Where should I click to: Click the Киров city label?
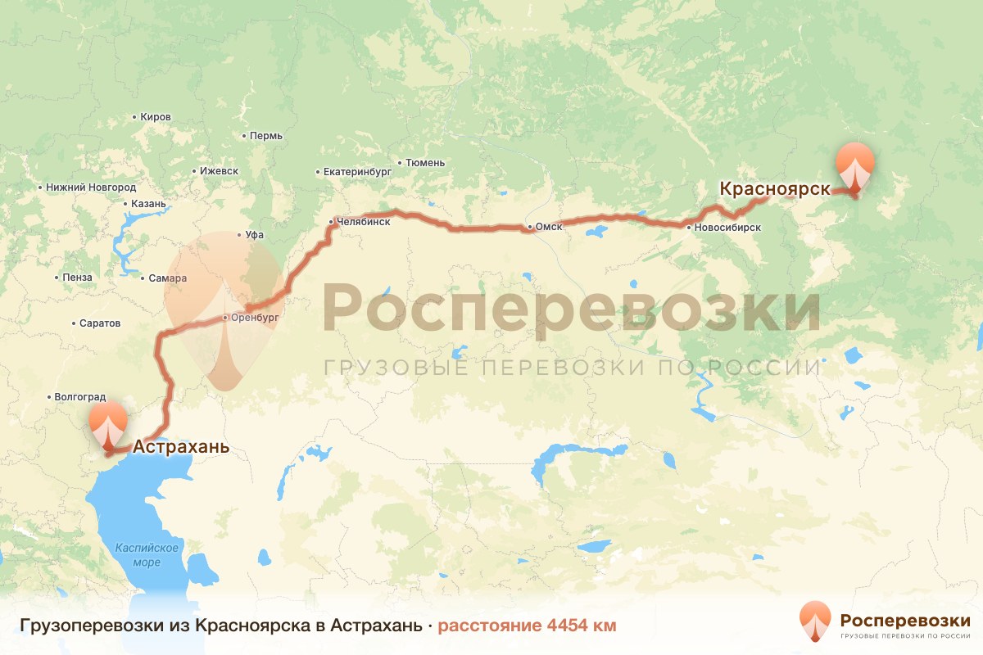point(156,117)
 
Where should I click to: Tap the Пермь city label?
point(266,136)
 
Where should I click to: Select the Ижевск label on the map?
point(219,171)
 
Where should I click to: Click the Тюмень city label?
point(425,163)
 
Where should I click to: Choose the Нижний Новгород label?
point(90,187)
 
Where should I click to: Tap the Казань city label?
point(148,204)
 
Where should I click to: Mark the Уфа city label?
point(255,235)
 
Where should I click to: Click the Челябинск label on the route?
point(364,221)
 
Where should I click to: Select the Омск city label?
point(549,227)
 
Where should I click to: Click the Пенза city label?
point(77,278)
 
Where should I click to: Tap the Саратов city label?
point(100,323)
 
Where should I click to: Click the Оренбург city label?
point(256,316)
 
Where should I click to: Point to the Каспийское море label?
point(147,554)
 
